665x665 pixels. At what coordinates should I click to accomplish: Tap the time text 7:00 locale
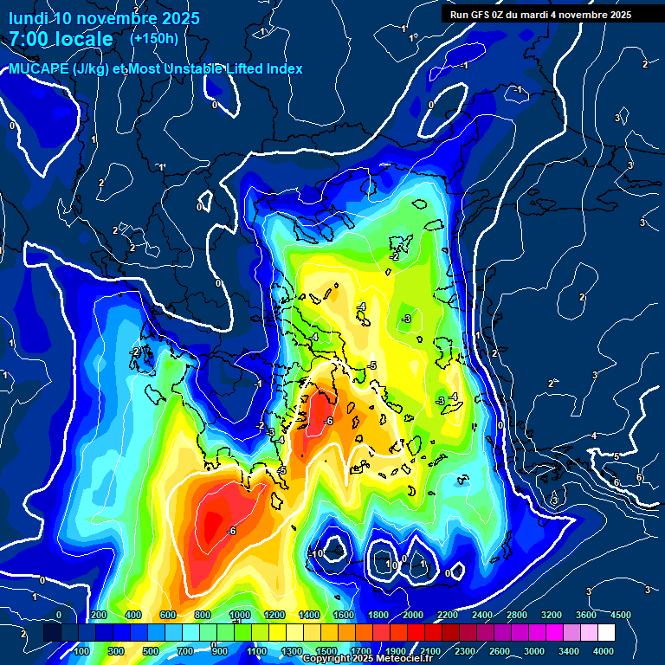[x=61, y=39]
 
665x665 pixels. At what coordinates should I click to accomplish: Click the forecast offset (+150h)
[x=154, y=38]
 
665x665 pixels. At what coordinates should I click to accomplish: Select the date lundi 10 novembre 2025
[x=105, y=18]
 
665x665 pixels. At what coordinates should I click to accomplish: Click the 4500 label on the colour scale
[x=620, y=615]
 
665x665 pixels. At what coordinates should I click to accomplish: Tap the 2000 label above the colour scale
[x=413, y=615]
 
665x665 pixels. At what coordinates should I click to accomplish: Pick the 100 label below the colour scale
[x=81, y=650]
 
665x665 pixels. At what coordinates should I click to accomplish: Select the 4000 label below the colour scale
[x=603, y=650]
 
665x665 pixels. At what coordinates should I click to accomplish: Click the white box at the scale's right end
[x=629, y=633]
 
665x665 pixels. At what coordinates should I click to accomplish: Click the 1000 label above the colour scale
[x=240, y=615]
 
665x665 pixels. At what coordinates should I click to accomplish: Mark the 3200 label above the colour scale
[x=552, y=615]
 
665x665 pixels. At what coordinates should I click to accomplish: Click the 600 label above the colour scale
[x=168, y=615]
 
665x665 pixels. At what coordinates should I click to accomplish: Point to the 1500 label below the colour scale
[x=326, y=650]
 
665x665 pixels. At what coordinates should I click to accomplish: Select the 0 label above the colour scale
[x=59, y=615]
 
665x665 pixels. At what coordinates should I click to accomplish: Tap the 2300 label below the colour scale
[x=464, y=650]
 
